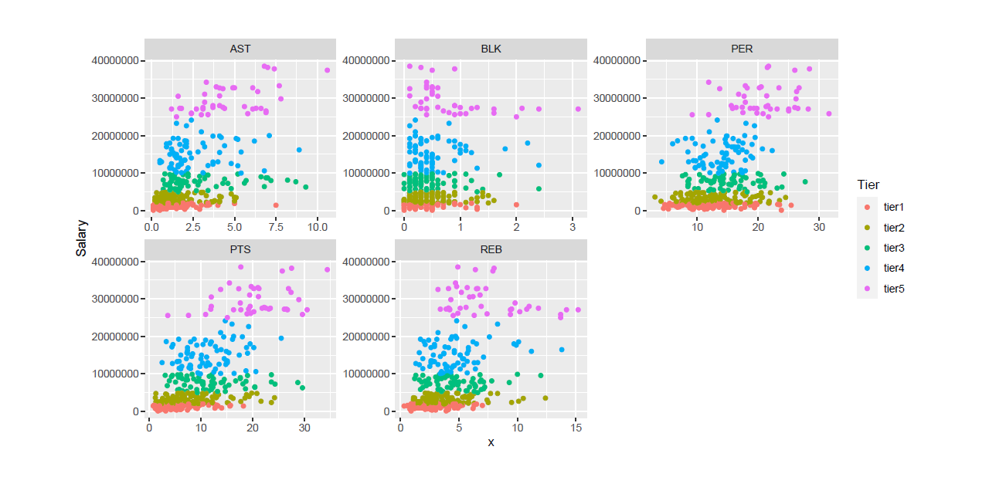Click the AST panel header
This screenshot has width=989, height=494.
coord(240,49)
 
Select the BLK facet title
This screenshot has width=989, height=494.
coord(491,49)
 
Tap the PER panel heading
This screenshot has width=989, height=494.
coord(742,49)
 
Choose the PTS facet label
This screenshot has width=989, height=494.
coord(240,250)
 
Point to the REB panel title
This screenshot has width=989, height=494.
coord(491,250)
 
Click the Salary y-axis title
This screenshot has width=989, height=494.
coord(81,238)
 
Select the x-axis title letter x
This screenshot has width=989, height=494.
coord(491,442)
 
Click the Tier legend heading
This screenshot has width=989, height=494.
coord(868,184)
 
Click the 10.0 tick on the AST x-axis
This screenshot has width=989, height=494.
coord(317,229)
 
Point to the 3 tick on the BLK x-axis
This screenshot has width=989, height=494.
coord(572,229)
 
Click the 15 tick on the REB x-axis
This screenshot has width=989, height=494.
coord(576,430)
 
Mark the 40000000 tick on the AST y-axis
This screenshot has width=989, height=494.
coord(114,60)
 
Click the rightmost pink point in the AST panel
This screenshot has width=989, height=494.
coord(328,70)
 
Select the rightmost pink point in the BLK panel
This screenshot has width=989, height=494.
coord(578,109)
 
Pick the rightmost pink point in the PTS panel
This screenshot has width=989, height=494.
coord(328,269)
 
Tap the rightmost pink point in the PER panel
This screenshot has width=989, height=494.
coord(829,113)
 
